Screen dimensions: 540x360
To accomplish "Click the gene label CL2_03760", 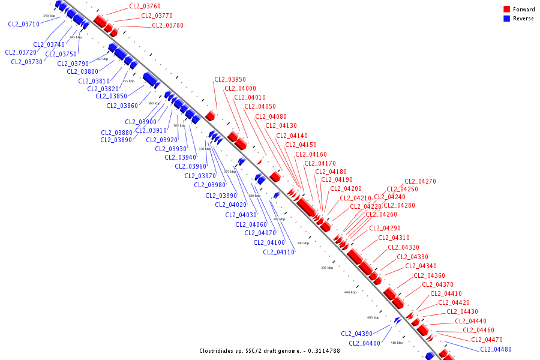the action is pyautogui.click(x=145, y=7).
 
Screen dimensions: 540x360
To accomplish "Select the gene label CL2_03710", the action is pyautogui.click(x=24, y=25).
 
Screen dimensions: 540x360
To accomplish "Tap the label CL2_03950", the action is pyautogui.click(x=230, y=79).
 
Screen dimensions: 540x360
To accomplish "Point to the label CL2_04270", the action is pyautogui.click(x=420, y=181).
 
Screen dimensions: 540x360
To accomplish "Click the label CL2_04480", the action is pyautogui.click(x=496, y=349).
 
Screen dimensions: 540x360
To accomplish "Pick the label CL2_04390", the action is pyautogui.click(x=356, y=334).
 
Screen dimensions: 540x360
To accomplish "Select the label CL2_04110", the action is pyautogui.click(x=278, y=252).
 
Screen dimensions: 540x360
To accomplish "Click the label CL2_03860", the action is pyautogui.click(x=122, y=106).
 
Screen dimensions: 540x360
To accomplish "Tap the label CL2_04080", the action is pyautogui.click(x=271, y=116).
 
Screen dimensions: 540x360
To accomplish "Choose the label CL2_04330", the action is pyautogui.click(x=412, y=257).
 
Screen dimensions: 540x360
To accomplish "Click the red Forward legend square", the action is pyautogui.click(x=506, y=10).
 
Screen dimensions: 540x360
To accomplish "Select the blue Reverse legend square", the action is pyautogui.click(x=506, y=19).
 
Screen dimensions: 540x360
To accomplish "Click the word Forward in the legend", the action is pyautogui.click(x=524, y=10).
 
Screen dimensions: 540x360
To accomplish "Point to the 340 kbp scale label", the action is pyautogui.click(x=49, y=16).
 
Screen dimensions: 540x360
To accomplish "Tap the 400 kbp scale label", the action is pyautogui.click(x=350, y=292).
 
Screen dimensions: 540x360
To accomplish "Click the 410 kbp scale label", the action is pyautogui.click(x=396, y=342).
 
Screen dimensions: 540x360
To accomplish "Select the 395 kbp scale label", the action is pyautogui.click(x=326, y=268).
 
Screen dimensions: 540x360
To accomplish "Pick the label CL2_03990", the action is pyautogui.click(x=221, y=196).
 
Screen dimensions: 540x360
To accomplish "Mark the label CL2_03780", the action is pyautogui.click(x=167, y=25).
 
